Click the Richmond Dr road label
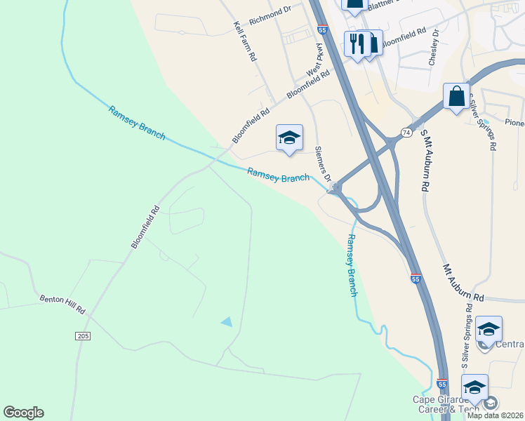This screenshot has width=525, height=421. click(x=270, y=11)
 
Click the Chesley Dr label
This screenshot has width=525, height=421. click(x=433, y=48)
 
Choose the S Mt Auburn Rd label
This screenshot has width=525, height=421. click(x=424, y=160)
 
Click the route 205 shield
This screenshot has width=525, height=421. click(x=83, y=337)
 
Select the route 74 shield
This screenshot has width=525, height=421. click(x=406, y=132)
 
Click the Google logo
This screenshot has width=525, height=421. click(x=23, y=413)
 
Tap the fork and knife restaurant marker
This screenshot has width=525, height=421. click(x=356, y=44)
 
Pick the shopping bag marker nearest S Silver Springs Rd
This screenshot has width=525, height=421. click(x=457, y=96)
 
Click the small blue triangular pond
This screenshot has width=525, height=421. click(x=227, y=321)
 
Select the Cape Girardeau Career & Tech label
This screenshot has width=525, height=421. click(x=446, y=405)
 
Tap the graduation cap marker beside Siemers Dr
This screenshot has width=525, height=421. click(x=289, y=137)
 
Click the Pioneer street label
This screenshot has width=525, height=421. click(x=514, y=123)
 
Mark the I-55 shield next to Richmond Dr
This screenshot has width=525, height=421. click(x=322, y=31)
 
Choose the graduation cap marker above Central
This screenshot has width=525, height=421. click(x=489, y=328)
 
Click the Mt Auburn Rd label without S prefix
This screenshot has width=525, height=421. click(x=463, y=283)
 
